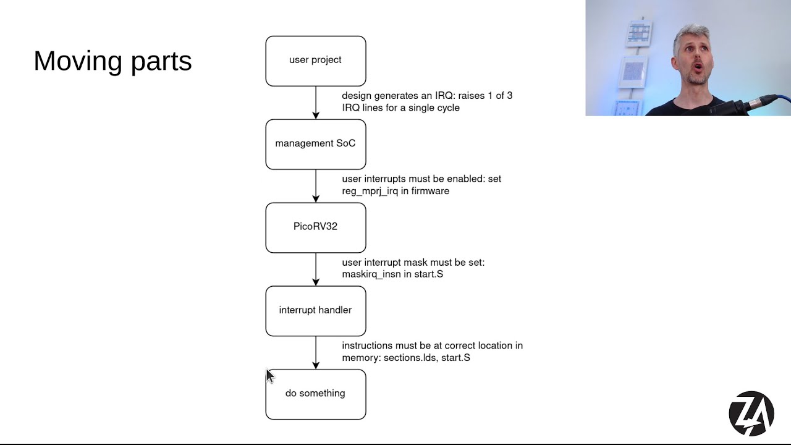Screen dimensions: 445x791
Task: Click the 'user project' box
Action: (x=315, y=61)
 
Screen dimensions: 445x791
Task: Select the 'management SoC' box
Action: (x=315, y=144)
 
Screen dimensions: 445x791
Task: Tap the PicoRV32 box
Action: (x=315, y=227)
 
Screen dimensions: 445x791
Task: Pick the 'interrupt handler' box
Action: (x=315, y=310)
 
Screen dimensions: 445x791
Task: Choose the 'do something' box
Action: (x=315, y=394)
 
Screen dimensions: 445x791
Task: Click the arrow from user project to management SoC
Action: (x=316, y=103)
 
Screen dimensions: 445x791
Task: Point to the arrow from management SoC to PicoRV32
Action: (x=316, y=186)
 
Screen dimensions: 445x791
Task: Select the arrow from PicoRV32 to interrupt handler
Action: (x=316, y=269)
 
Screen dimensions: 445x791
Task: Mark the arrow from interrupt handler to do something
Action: (x=316, y=353)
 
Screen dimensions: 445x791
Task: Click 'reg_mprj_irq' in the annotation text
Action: (x=370, y=191)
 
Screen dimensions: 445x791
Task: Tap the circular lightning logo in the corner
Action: (x=751, y=413)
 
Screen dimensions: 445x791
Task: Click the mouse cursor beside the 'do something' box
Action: (x=269, y=376)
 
